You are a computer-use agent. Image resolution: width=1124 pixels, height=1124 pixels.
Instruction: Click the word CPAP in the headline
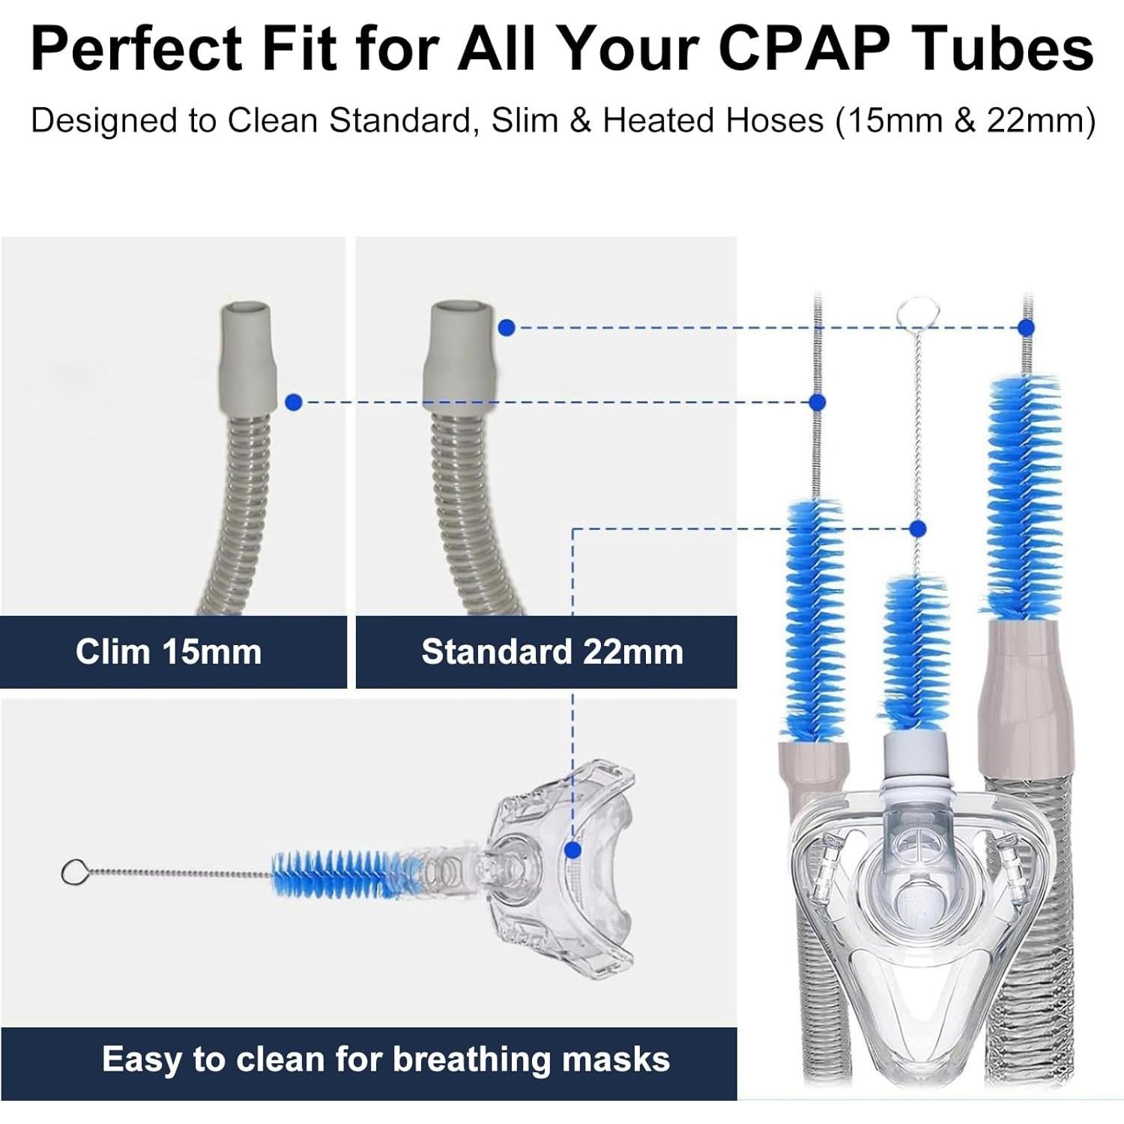click(804, 49)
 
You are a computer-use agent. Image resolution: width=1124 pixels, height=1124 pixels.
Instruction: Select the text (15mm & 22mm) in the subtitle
click(966, 121)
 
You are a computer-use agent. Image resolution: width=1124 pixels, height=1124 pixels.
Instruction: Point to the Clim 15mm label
click(169, 651)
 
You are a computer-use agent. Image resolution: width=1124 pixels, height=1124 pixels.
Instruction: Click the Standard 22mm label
click(552, 651)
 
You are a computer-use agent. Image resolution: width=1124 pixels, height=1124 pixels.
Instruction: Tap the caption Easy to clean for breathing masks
click(386, 1059)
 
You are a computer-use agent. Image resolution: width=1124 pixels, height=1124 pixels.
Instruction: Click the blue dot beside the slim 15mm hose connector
click(294, 402)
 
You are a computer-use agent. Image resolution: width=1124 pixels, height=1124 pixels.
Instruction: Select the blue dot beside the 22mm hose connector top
click(507, 327)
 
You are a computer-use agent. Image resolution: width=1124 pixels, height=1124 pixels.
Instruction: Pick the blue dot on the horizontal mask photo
click(572, 850)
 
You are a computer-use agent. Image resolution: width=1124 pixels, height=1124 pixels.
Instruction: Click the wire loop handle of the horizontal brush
click(73, 872)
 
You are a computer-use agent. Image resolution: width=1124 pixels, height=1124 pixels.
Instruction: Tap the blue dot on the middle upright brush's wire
click(917, 528)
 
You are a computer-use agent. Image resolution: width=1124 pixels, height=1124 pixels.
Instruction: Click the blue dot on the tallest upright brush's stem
click(1027, 327)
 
